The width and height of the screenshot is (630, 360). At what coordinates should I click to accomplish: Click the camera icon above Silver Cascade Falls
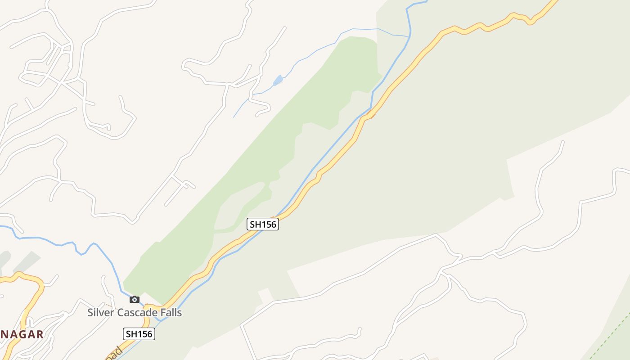[134, 299]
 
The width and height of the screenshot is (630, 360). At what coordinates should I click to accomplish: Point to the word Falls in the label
[171, 312]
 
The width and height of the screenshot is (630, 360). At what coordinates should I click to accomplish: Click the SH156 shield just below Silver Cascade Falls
[139, 333]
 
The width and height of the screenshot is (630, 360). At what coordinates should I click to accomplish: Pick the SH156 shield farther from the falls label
[263, 224]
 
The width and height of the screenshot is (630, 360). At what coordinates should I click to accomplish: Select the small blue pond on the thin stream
[278, 81]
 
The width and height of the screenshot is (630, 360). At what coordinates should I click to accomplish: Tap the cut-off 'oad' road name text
[114, 352]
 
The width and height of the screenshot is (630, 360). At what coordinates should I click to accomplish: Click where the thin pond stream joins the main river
[409, 36]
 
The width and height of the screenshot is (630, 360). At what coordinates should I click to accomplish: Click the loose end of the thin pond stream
[234, 117]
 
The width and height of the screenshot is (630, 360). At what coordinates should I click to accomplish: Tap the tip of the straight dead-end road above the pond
[285, 27]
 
